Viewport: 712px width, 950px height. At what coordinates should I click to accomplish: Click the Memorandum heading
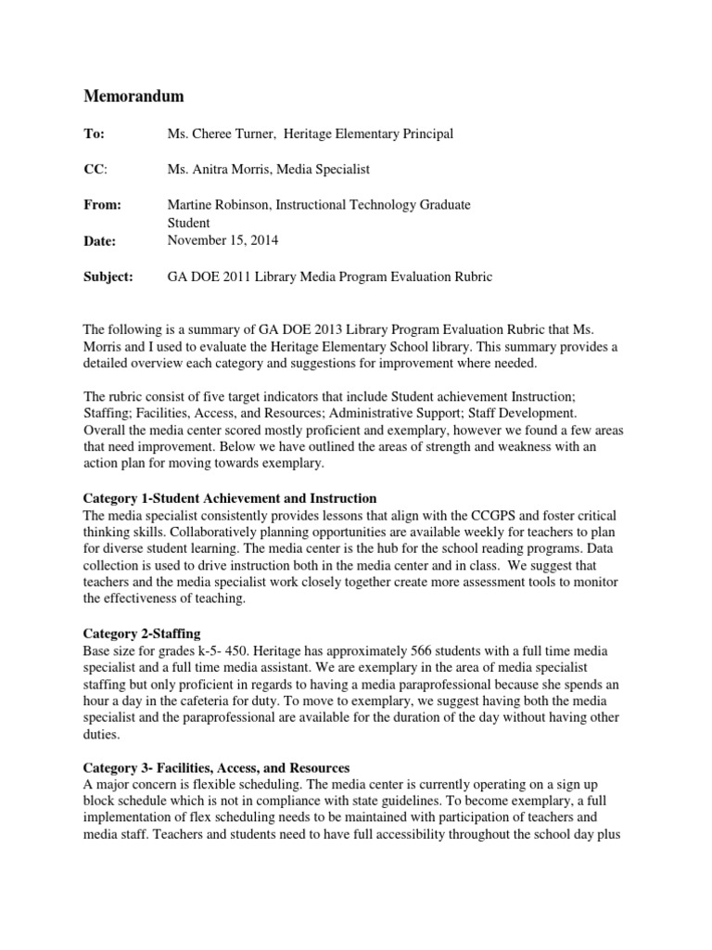(x=134, y=96)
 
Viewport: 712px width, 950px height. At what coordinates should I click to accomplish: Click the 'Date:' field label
(x=101, y=241)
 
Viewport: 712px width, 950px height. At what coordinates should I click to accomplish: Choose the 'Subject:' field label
(x=109, y=276)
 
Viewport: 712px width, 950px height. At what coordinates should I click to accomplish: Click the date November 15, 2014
(x=223, y=240)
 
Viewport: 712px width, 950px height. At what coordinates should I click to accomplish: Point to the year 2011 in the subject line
(x=246, y=276)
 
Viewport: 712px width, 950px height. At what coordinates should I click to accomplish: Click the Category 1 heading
(x=231, y=498)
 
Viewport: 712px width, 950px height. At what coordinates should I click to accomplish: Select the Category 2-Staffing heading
(x=140, y=634)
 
